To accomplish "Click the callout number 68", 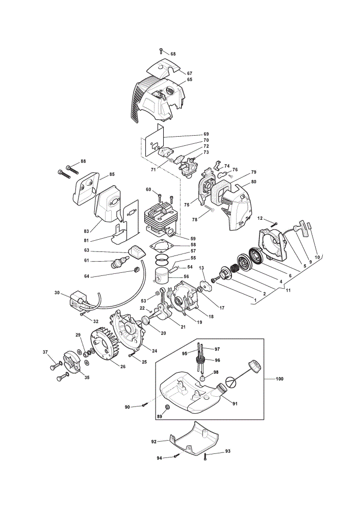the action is click(x=173, y=54).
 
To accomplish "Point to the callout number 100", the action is click(x=279, y=378).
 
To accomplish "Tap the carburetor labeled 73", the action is click(x=188, y=165).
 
